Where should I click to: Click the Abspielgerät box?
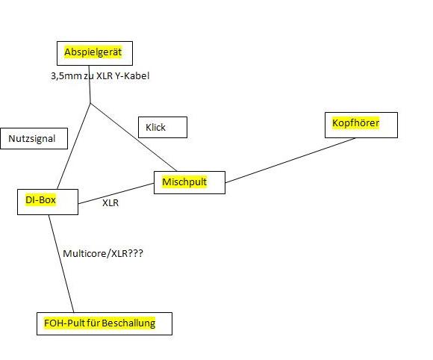click(x=95, y=53)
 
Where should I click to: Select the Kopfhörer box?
click(x=361, y=125)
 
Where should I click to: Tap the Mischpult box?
click(x=190, y=183)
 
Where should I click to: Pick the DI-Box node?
click(x=48, y=202)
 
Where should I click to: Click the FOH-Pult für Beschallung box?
click(x=105, y=324)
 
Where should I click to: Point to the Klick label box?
click(x=163, y=128)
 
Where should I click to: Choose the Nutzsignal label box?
click(x=34, y=138)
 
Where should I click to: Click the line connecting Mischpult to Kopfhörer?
click(x=290, y=161)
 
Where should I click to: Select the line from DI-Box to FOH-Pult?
click(x=61, y=264)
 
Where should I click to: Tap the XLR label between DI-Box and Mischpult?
click(x=110, y=203)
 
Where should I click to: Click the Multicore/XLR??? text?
click(x=103, y=253)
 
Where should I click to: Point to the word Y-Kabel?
click(x=132, y=75)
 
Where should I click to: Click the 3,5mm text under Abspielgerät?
click(x=66, y=75)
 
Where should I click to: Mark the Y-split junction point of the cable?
click(x=90, y=103)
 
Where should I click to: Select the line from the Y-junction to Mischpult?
click(x=134, y=137)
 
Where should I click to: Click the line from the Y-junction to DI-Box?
click(x=74, y=146)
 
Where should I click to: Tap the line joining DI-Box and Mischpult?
click(x=116, y=193)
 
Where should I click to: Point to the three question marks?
click(x=135, y=253)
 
